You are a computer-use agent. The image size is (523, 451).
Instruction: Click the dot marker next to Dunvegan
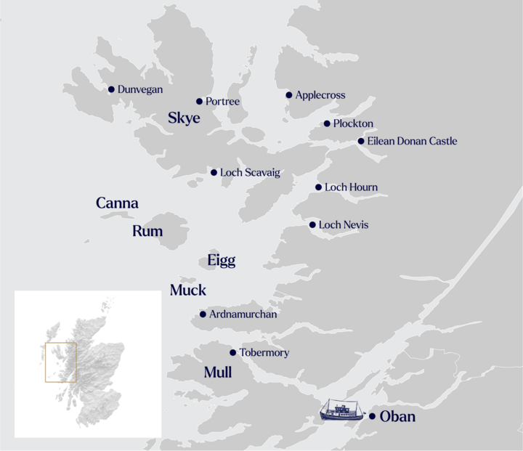111,89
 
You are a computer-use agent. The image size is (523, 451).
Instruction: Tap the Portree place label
222,102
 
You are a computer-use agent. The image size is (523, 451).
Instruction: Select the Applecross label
320,95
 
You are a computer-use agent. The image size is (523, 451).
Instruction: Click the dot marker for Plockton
327,123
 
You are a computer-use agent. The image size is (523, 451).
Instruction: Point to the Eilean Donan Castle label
412,141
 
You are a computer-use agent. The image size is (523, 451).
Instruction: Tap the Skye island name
184,118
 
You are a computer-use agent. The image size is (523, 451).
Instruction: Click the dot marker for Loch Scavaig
214,173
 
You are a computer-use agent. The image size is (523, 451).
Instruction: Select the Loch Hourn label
351,187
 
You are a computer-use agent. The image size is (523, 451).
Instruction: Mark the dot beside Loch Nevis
312,225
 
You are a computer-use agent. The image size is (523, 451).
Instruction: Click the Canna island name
117,203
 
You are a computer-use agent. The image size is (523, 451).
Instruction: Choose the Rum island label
147,232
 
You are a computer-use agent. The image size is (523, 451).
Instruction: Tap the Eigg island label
222,261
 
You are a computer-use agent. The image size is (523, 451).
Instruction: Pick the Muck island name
188,290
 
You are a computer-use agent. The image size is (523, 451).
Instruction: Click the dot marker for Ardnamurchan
203,314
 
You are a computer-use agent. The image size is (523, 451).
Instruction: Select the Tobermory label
264,353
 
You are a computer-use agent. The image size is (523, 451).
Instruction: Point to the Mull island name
218,373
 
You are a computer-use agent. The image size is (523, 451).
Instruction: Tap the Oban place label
397,417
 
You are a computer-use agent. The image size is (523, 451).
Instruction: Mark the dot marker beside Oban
372,416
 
